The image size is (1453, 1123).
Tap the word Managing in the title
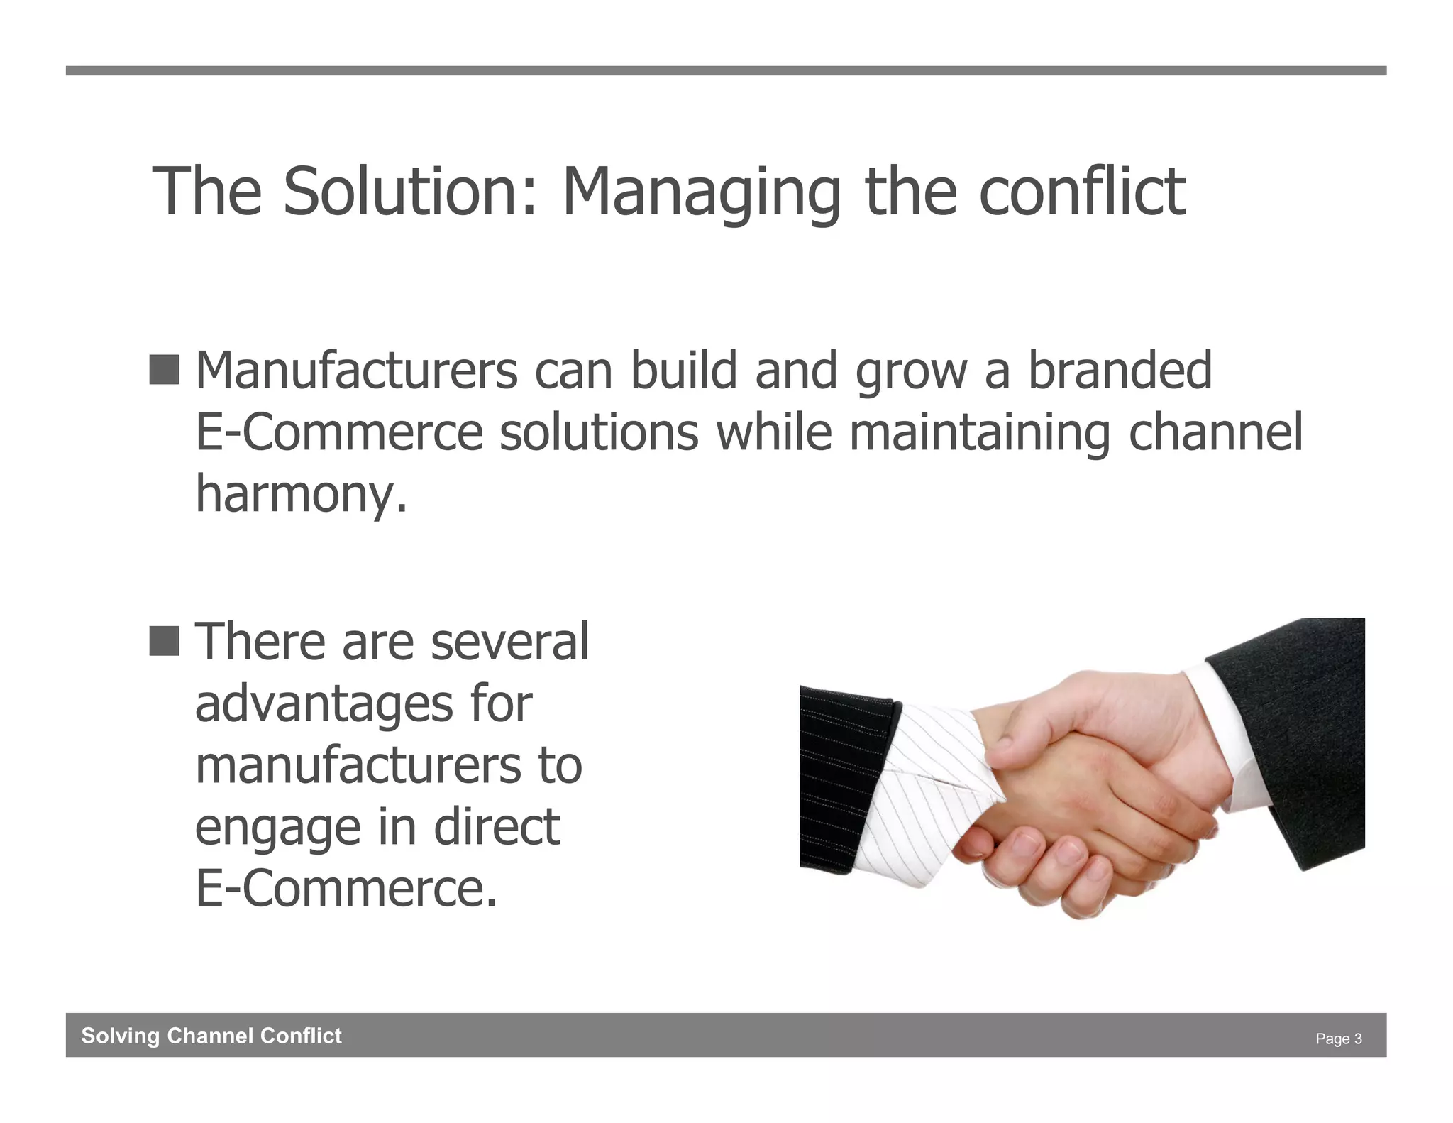(701, 193)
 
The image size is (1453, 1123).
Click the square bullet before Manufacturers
(164, 370)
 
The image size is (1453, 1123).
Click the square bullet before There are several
(164, 641)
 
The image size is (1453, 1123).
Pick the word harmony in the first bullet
(302, 495)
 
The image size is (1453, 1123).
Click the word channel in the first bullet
(1215, 432)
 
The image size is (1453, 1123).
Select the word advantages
(324, 706)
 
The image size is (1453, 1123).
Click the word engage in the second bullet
(277, 829)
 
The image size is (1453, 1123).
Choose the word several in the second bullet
(509, 642)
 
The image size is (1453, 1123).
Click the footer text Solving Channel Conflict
(211, 1036)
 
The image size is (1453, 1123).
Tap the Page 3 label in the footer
(1338, 1039)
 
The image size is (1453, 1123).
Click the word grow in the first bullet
(911, 372)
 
